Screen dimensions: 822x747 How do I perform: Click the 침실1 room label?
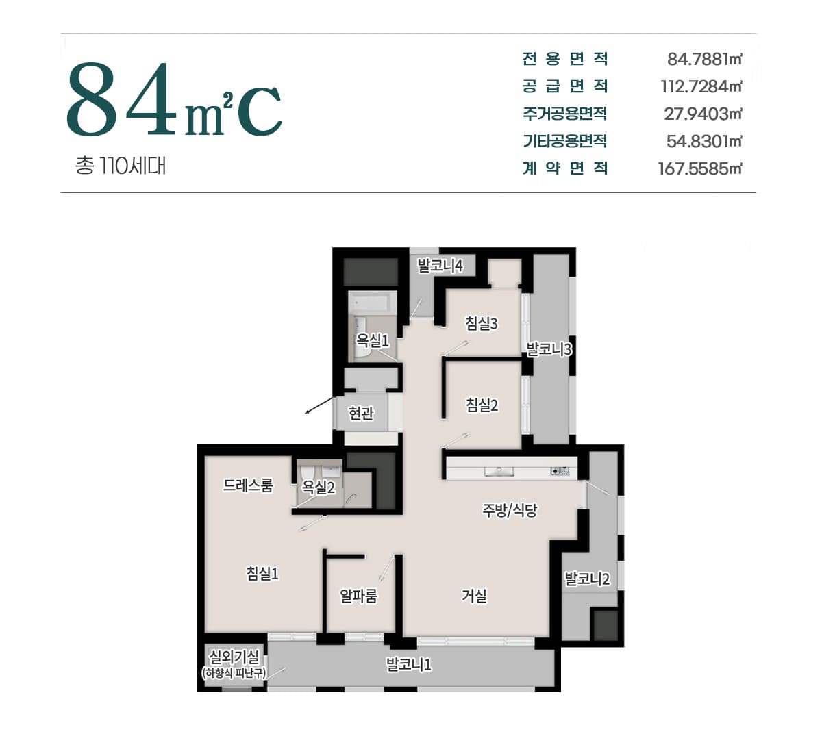click(x=262, y=573)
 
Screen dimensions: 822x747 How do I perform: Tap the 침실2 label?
click(x=482, y=405)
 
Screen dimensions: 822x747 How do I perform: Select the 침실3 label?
click(x=482, y=323)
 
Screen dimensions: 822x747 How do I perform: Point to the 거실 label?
click(x=475, y=596)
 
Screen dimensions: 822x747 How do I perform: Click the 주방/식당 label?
click(x=510, y=510)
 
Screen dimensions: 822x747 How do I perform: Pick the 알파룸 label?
click(x=358, y=596)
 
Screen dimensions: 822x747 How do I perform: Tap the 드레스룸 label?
click(x=248, y=485)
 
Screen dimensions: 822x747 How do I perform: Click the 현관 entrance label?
click(x=361, y=413)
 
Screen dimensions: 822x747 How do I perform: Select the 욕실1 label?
click(x=372, y=340)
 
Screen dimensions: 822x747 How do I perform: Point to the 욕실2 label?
click(x=319, y=488)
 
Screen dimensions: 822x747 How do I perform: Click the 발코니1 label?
click(x=409, y=665)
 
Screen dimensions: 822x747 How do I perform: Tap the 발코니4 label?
click(x=440, y=266)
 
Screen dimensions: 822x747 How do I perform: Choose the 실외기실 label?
click(x=234, y=657)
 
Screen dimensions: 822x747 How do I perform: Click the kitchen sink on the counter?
click(x=499, y=471)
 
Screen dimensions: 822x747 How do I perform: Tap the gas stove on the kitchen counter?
click(x=560, y=471)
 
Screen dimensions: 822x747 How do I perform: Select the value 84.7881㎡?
click(x=704, y=60)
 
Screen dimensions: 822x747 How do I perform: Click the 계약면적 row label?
click(x=565, y=168)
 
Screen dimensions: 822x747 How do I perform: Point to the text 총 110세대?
click(x=121, y=166)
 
